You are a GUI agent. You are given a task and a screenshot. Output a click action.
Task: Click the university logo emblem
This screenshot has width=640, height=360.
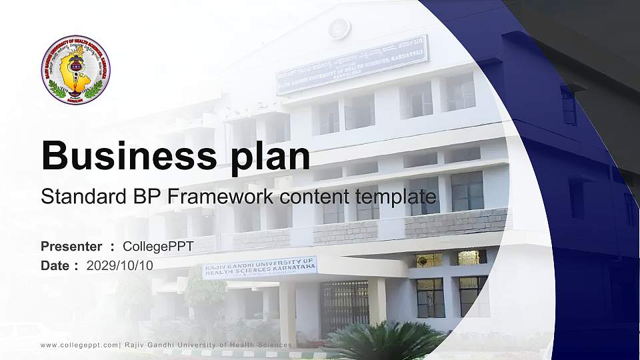[75, 70]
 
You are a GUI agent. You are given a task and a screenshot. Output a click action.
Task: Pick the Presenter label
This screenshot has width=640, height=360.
[71, 247]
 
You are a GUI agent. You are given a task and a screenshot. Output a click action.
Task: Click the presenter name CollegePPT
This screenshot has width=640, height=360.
[158, 247]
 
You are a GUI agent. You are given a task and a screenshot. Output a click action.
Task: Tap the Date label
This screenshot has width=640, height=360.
[55, 265]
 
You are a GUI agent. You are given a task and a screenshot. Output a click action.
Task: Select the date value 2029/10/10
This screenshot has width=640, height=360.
[120, 265]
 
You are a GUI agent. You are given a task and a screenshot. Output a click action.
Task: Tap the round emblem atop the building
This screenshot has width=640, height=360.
[339, 28]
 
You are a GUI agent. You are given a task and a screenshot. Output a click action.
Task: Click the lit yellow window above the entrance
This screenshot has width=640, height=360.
[429, 260]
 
